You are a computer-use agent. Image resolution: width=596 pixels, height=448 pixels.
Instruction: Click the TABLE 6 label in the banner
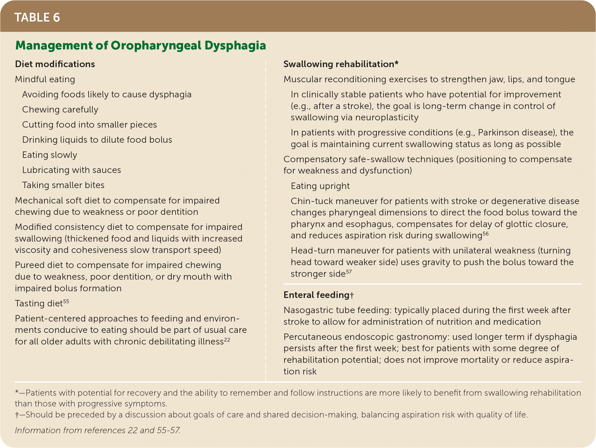click(37, 17)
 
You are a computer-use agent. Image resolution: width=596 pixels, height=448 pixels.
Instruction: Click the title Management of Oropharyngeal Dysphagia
click(141, 46)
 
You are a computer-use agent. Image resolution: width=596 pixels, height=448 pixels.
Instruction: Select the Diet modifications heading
click(55, 64)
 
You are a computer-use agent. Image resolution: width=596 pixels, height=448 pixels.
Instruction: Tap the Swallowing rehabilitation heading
click(341, 64)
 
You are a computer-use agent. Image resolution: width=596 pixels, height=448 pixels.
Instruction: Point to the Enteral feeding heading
click(318, 295)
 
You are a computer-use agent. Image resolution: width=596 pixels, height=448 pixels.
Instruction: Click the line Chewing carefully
click(60, 110)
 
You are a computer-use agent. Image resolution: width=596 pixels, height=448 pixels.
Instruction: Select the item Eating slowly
click(50, 155)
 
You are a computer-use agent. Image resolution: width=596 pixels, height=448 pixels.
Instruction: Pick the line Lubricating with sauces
click(71, 170)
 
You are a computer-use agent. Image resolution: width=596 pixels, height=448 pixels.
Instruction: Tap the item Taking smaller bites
click(63, 185)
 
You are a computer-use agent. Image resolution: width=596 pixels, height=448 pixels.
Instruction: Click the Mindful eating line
click(45, 79)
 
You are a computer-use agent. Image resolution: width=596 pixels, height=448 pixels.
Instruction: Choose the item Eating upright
click(320, 186)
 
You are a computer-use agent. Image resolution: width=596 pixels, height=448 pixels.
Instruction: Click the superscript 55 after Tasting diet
click(66, 301)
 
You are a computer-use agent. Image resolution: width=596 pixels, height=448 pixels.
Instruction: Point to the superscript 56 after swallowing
click(486, 233)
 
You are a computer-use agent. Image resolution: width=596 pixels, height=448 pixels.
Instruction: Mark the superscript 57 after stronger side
click(349, 272)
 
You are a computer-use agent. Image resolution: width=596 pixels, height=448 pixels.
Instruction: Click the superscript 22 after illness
click(227, 339)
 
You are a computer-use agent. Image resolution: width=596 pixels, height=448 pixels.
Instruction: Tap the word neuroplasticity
click(387, 117)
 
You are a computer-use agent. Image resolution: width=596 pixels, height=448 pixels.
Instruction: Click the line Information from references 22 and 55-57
click(98, 430)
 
